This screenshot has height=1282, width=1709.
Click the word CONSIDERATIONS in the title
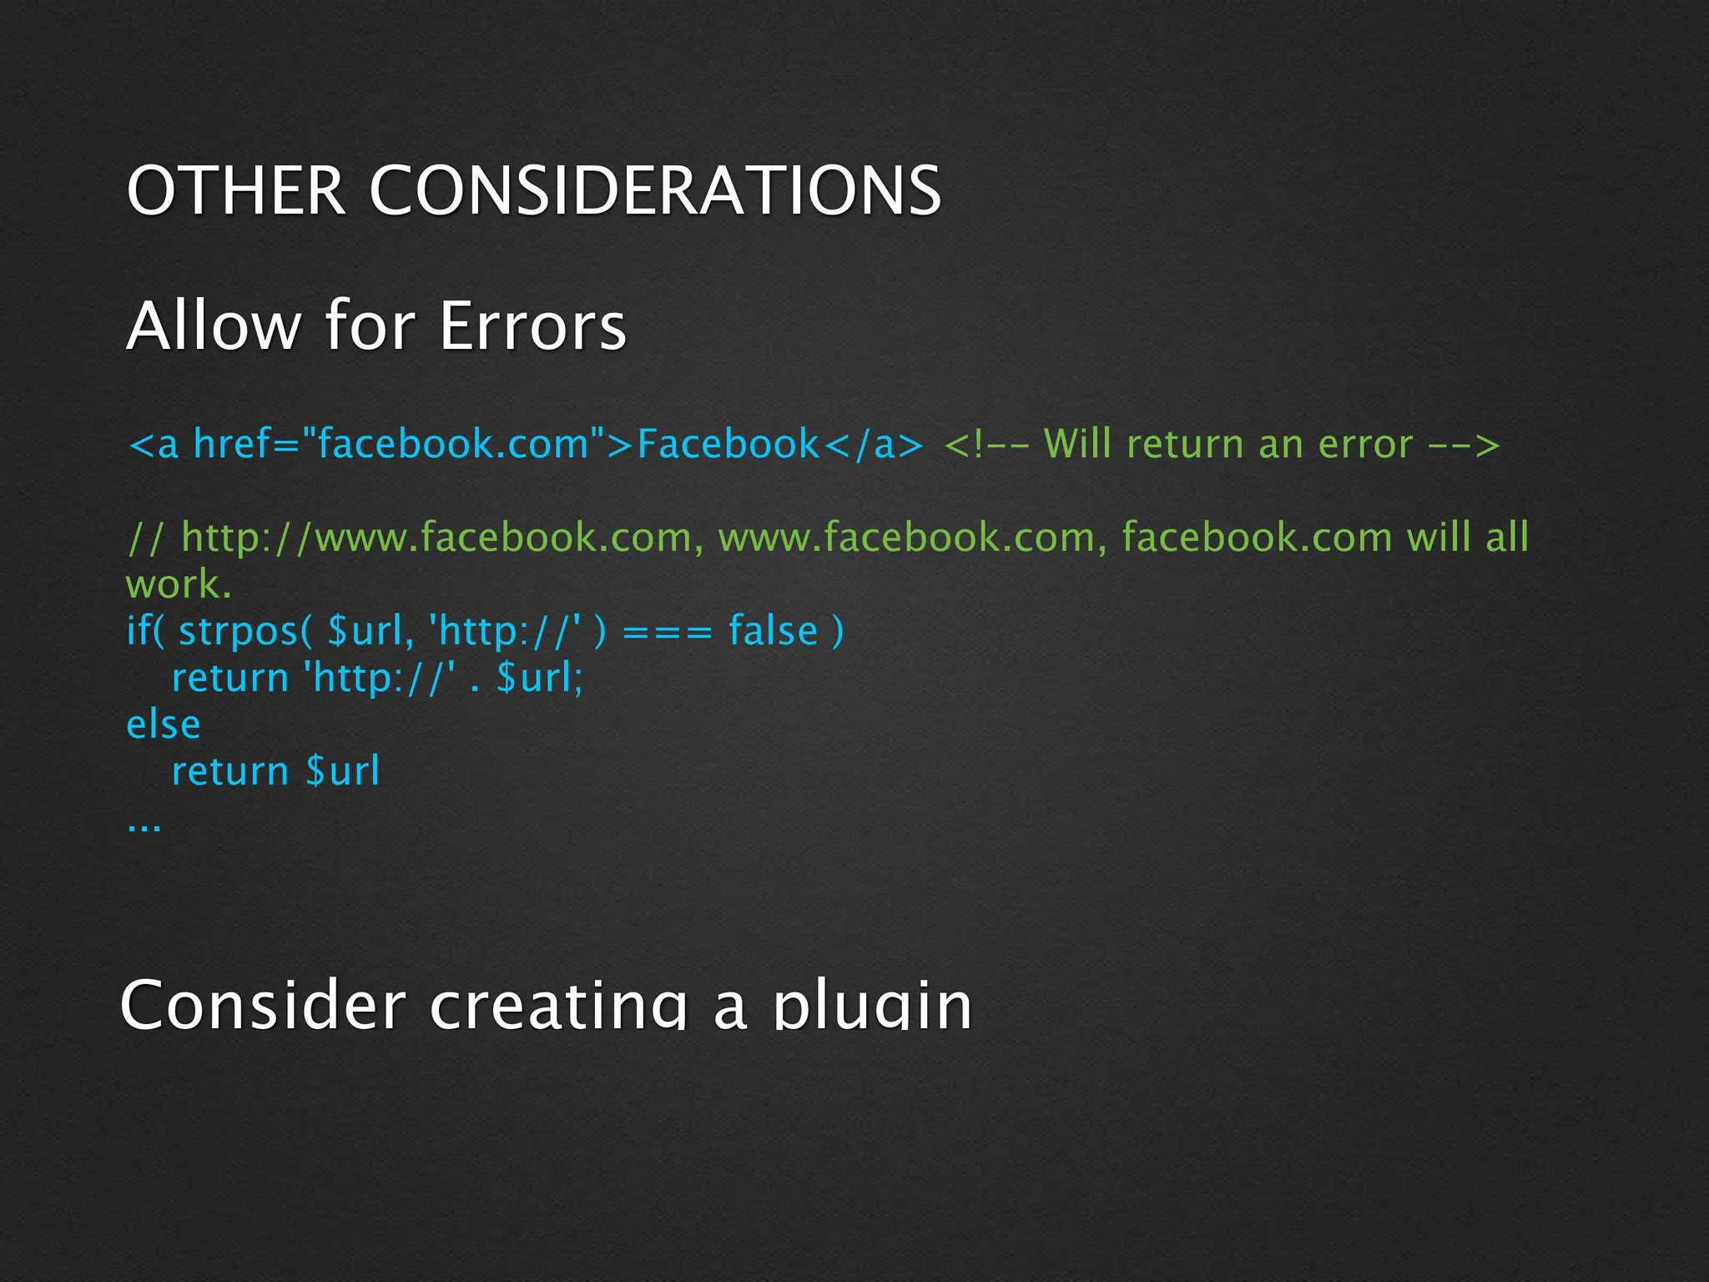click(655, 190)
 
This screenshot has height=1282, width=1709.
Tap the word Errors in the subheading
click(532, 326)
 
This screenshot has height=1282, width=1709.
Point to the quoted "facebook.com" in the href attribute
click(454, 443)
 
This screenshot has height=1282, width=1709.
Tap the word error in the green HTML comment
click(1365, 443)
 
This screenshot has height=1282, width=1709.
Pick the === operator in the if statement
click(668, 630)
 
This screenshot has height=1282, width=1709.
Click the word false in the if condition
click(773, 630)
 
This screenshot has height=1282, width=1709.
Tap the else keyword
click(164, 724)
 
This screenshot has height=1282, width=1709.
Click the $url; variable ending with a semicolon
click(539, 677)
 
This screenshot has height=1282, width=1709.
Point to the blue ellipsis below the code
click(144, 826)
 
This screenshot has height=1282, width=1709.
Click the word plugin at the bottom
click(873, 1006)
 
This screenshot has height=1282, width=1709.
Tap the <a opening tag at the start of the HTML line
click(154, 443)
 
